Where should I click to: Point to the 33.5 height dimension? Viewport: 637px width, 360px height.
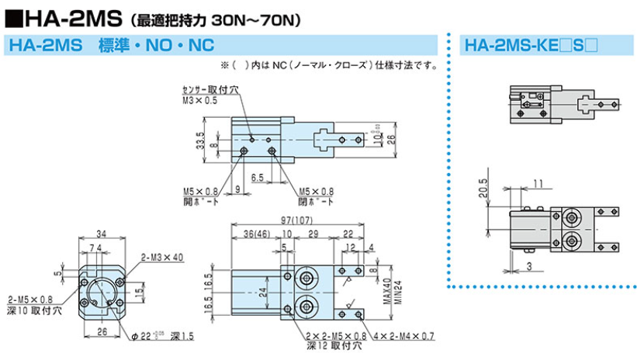[200, 140]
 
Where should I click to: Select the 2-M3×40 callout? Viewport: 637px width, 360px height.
[162, 257]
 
